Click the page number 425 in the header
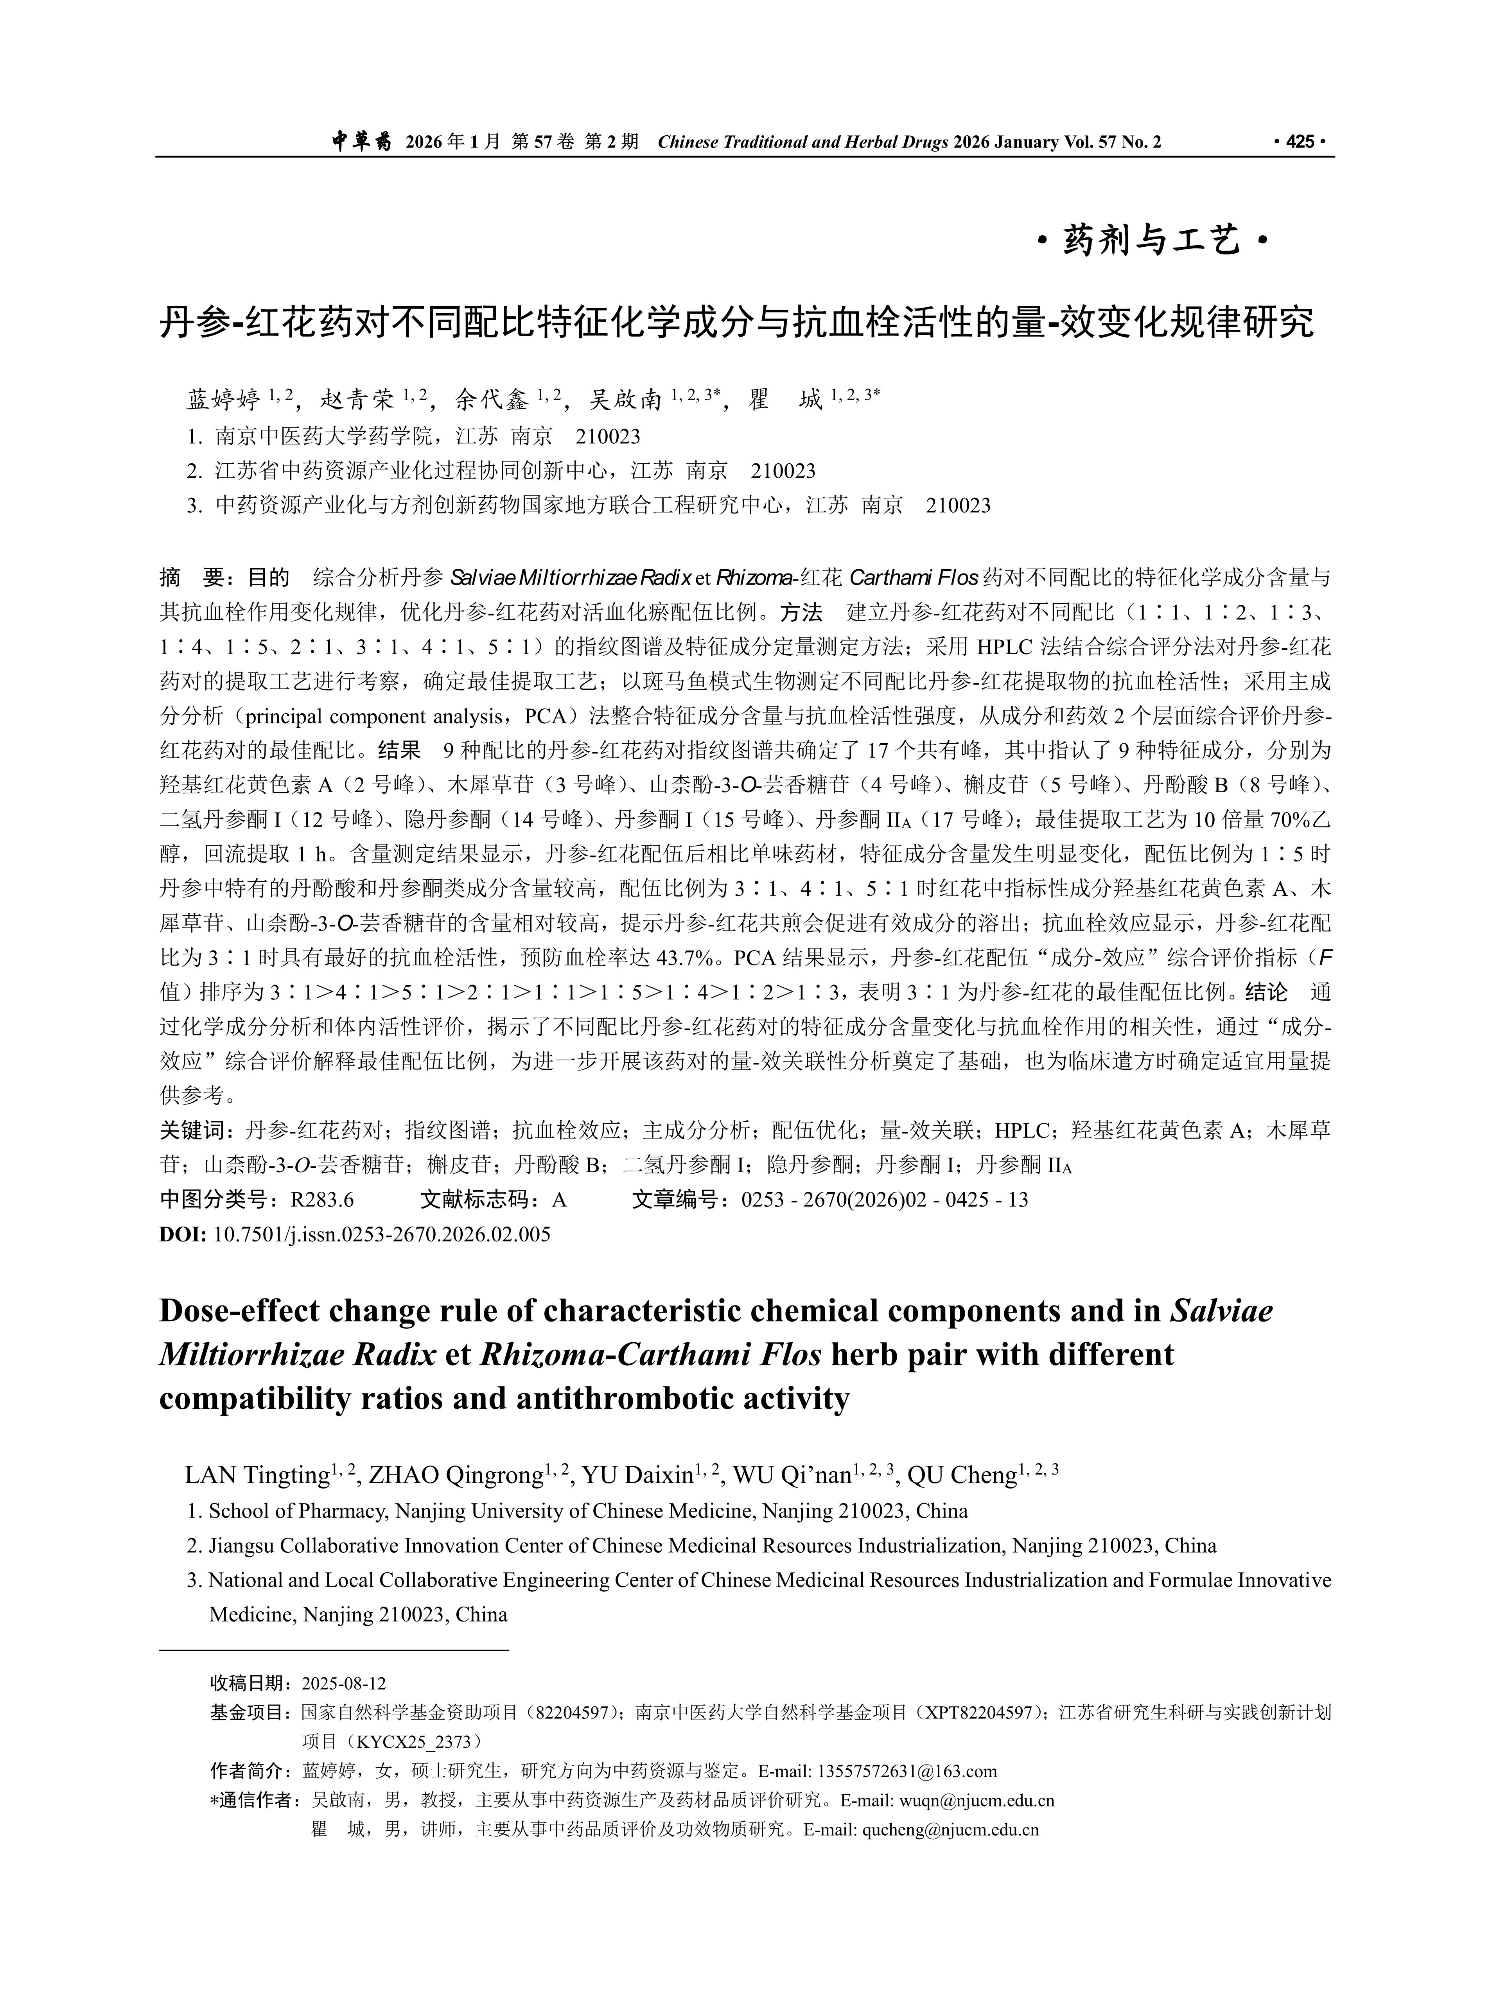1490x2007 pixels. pos(1301,142)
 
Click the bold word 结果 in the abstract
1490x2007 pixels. pos(399,750)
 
